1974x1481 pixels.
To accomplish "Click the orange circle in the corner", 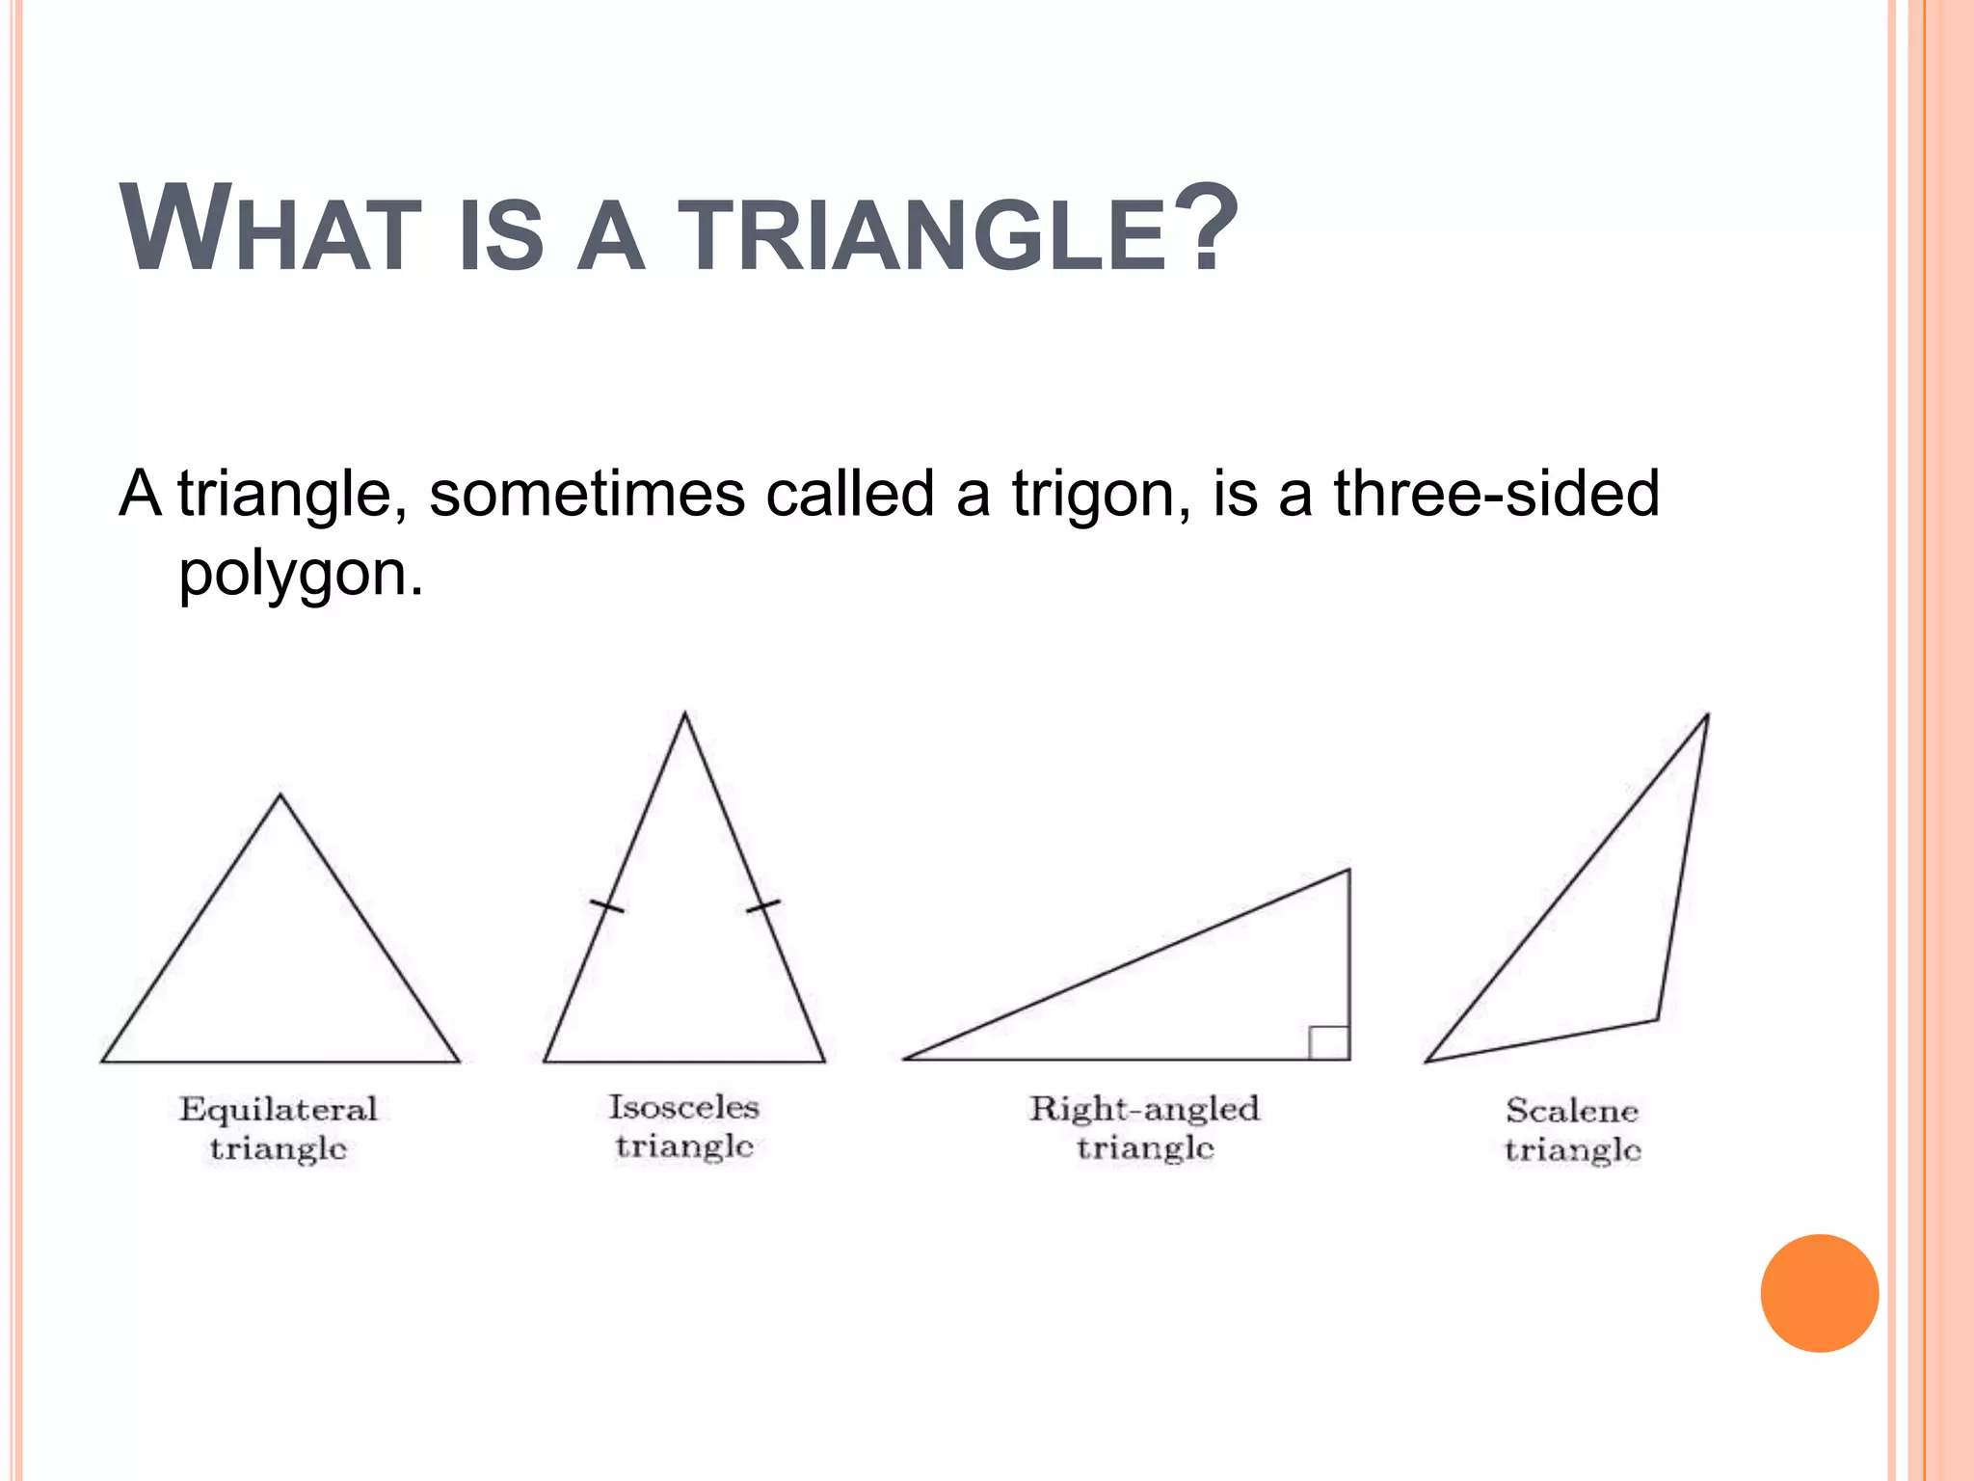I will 1819,1293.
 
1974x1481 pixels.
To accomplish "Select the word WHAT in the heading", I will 270,231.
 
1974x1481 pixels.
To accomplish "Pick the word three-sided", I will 1496,494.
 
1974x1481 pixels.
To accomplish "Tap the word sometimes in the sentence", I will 587,494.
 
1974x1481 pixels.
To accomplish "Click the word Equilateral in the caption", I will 278,1110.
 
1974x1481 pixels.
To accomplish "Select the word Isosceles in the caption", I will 683,1107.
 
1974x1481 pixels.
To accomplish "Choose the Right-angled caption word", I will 1144,1110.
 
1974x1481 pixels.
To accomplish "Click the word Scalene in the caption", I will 1571,1111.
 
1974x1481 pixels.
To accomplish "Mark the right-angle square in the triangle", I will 1329,1042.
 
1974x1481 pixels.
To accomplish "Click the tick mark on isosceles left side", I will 606,905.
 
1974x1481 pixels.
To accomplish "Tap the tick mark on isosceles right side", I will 763,905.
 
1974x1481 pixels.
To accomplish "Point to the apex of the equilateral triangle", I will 280,795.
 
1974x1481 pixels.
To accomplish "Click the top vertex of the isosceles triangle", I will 684,714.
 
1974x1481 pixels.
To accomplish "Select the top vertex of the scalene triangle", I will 1708,715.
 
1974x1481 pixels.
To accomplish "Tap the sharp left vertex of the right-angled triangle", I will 906,1059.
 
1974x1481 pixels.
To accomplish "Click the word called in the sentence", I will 849,494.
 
